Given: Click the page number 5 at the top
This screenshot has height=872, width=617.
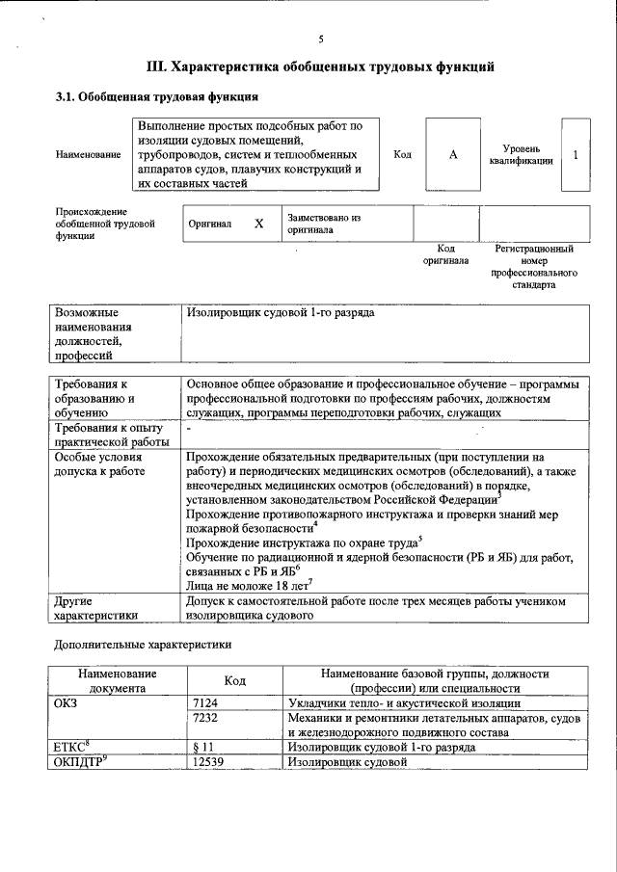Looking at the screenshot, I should [321, 40].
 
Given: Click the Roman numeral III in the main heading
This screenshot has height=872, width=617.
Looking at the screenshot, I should [156, 67].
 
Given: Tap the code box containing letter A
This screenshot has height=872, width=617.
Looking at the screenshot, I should [452, 154].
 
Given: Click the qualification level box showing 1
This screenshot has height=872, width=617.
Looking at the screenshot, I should [576, 154].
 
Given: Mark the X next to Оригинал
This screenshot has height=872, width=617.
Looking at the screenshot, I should [258, 224].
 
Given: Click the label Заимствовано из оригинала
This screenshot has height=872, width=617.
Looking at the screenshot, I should [323, 224].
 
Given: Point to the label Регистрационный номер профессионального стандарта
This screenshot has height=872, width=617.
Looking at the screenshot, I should [533, 267].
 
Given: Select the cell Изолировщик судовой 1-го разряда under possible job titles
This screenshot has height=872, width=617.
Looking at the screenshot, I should [281, 314].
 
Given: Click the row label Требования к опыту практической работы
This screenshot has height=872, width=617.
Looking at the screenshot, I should [109, 435].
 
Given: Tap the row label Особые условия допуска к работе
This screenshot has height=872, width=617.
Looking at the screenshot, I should [100, 464].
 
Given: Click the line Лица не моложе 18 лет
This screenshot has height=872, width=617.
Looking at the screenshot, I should [247, 584].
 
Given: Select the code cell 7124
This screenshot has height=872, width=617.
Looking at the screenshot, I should [210, 703].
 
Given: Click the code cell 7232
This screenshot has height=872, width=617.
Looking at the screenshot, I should [210, 719].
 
